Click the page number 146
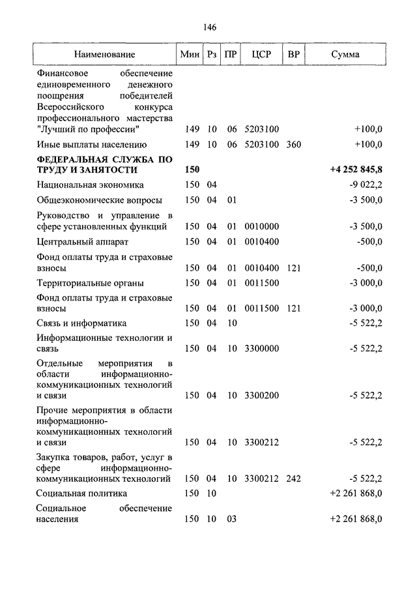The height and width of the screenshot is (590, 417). tap(209, 27)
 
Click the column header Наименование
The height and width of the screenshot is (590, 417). tap(104, 55)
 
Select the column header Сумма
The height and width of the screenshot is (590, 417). tap(345, 55)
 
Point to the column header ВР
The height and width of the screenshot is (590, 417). tap(293, 55)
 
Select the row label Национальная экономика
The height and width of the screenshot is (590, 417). tap(90, 185)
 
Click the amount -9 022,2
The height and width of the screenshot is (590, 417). tap(366, 185)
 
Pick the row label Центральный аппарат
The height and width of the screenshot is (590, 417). tap(78, 242)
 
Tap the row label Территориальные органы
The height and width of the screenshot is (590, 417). tap(90, 284)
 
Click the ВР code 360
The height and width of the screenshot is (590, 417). tap(293, 145)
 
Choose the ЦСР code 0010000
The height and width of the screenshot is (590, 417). tap(261, 226)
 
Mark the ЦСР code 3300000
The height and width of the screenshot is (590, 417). tap(261, 348)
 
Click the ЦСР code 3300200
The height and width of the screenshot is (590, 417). tap(261, 395)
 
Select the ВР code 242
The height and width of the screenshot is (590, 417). tap(293, 479)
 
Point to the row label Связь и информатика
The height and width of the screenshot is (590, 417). tap(81, 323)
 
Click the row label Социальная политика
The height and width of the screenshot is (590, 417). tap(81, 494)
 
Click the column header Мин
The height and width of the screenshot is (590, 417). tap(191, 55)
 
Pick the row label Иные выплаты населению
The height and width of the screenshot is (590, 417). tap(91, 145)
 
